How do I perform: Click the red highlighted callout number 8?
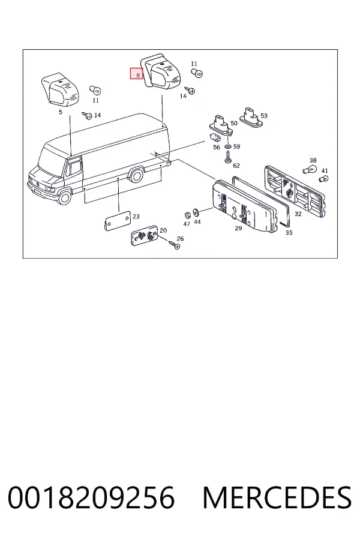(x=136, y=74)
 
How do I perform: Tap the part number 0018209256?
(x=91, y=497)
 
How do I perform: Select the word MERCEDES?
(x=277, y=497)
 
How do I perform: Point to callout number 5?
(x=61, y=112)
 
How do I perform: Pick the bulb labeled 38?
(x=308, y=169)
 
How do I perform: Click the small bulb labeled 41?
(x=323, y=178)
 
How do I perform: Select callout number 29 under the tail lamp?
(x=238, y=228)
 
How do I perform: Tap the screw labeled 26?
(x=175, y=245)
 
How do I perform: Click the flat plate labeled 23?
(x=117, y=221)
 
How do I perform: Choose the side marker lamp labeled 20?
(x=145, y=235)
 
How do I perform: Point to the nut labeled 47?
(x=188, y=215)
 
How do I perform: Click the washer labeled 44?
(x=196, y=212)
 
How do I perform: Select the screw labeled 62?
(x=228, y=159)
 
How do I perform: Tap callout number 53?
(x=264, y=116)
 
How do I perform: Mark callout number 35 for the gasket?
(x=289, y=232)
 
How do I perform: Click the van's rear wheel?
(x=136, y=175)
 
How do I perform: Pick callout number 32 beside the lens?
(x=298, y=214)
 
